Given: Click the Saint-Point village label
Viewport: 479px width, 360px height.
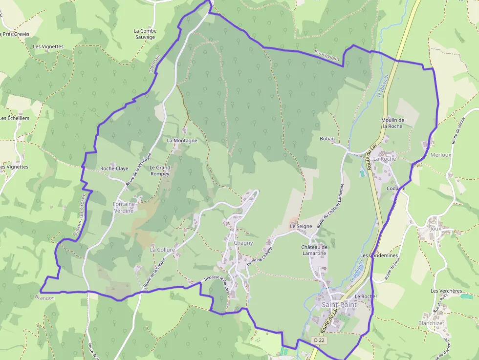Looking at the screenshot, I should (339, 304).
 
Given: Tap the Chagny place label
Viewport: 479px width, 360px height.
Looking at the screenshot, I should (243, 243).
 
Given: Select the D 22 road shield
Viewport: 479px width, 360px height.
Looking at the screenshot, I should (319, 340).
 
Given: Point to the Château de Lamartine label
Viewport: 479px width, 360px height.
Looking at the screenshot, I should (314, 250).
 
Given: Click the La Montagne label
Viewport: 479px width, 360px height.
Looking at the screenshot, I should (182, 140).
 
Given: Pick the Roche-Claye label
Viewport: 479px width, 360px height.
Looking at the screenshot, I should (114, 169).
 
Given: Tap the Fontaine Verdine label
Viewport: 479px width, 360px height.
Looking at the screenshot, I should (123, 207).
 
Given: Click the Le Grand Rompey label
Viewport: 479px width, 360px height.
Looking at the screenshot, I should (160, 170).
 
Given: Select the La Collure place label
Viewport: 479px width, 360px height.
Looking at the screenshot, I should (162, 250).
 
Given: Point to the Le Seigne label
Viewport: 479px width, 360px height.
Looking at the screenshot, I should (301, 226).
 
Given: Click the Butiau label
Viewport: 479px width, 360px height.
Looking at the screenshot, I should (327, 139).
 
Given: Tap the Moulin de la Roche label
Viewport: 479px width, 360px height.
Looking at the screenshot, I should (393, 123).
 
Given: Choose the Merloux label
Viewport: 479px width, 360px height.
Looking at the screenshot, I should (440, 155).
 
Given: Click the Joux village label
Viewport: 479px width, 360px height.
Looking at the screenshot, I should (435, 228).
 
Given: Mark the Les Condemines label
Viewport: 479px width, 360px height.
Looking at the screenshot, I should (379, 255).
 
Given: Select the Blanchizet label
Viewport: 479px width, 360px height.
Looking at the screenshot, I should (431, 323).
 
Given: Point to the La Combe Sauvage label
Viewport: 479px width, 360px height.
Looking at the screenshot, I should (145, 34).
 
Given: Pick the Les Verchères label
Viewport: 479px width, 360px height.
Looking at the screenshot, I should (446, 291).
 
